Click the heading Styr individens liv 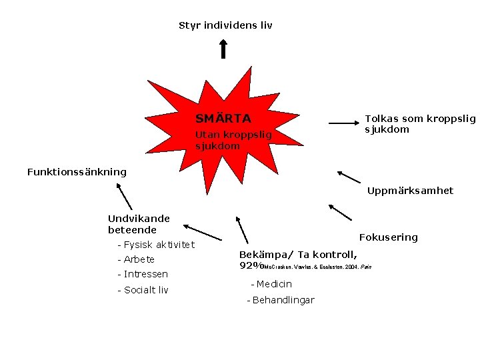pyautogui.click(x=225, y=26)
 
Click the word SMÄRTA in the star pyautogui.click(x=223, y=119)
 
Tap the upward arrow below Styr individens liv pyautogui.click(x=223, y=49)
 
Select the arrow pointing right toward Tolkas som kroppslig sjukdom pyautogui.click(x=343, y=123)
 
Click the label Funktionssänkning pyautogui.click(x=77, y=172)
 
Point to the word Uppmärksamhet pyautogui.click(x=410, y=191)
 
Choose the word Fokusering pyautogui.click(x=388, y=237)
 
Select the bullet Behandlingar pyautogui.click(x=283, y=301)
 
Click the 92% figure pyautogui.click(x=250, y=266)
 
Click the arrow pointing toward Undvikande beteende pyautogui.click(x=202, y=232)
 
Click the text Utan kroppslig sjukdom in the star pyautogui.click(x=233, y=140)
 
